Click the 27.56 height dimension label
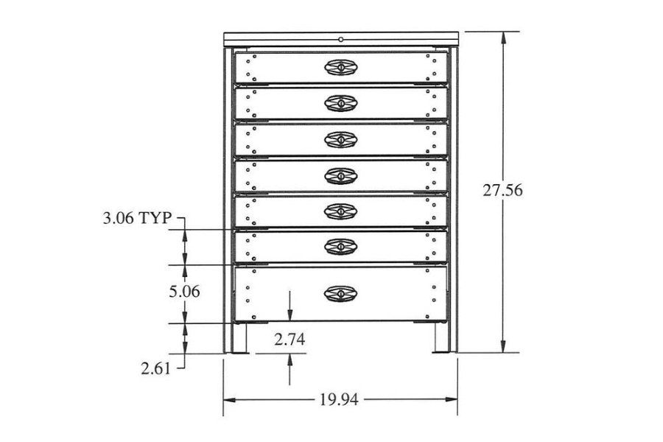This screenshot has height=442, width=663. [x=503, y=190]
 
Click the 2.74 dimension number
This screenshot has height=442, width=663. [x=290, y=340]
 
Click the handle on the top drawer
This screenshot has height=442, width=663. [x=341, y=68]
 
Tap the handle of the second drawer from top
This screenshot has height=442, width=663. [x=341, y=103]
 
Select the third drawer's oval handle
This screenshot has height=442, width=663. [x=341, y=139]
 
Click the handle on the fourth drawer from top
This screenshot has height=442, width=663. [x=341, y=175]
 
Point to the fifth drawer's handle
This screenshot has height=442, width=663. [x=341, y=211]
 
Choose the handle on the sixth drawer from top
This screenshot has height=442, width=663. [x=341, y=247]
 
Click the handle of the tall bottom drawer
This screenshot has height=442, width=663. [x=341, y=293]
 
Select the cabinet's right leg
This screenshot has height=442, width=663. [x=441, y=338]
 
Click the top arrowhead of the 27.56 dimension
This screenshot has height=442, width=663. [x=503, y=38]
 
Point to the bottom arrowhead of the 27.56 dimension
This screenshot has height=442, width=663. [x=503, y=347]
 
